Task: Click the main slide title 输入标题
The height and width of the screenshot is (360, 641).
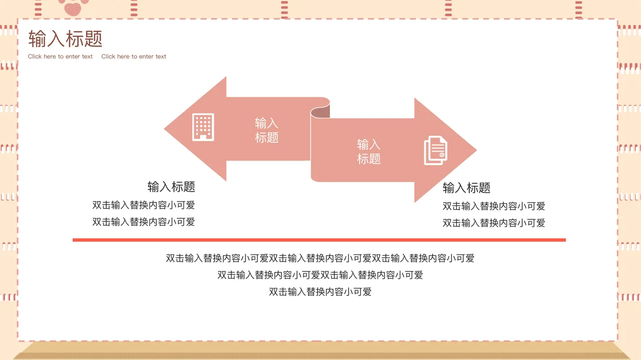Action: click(65, 39)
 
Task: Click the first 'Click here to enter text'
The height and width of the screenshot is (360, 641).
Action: click(60, 57)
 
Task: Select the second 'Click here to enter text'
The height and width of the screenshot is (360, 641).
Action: click(134, 57)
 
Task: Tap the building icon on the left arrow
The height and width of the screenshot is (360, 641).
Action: click(203, 127)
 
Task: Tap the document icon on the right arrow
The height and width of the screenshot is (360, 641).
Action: click(435, 150)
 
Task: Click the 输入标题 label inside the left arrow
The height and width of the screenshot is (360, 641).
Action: click(266, 130)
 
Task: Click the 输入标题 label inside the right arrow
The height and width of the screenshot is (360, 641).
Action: click(369, 152)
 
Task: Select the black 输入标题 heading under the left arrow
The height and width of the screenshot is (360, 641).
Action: click(171, 187)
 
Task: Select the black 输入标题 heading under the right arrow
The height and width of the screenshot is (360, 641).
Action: click(466, 188)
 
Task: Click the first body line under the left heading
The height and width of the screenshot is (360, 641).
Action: click(143, 205)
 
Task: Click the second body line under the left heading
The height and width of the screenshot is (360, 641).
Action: click(143, 222)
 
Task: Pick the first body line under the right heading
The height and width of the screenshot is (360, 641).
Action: click(494, 206)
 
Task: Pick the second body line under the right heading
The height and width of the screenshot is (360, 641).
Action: click(494, 223)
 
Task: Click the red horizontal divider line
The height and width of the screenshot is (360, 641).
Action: click(319, 240)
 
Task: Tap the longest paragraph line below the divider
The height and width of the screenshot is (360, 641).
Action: click(320, 258)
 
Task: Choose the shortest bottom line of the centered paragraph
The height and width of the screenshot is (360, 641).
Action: click(320, 292)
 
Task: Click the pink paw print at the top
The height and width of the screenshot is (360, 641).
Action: click(73, 6)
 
